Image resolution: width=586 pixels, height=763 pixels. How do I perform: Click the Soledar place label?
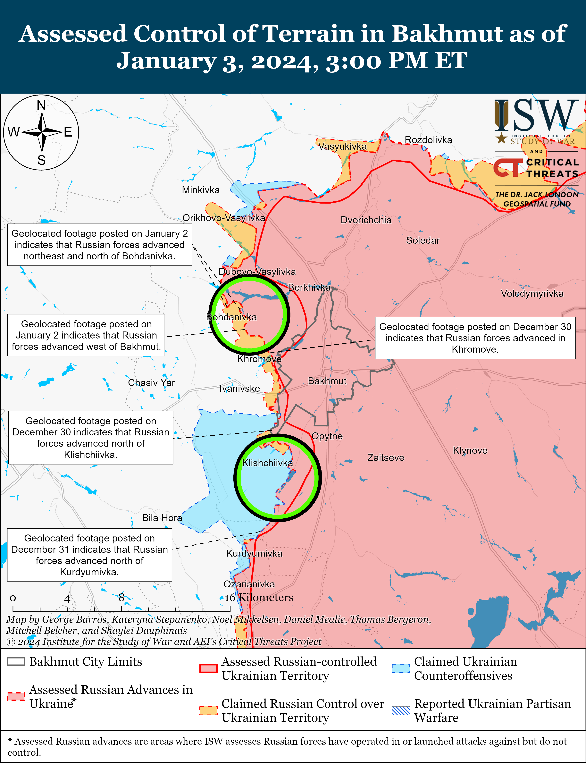pyautogui.click(x=423, y=240)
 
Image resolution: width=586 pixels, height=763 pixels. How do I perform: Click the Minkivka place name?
pyautogui.click(x=201, y=190)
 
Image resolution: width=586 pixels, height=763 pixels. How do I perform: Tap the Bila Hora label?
pyautogui.click(x=162, y=518)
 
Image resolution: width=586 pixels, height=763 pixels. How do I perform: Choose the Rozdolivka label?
pyautogui.click(x=428, y=140)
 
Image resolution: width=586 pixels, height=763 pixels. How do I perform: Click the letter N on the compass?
pyautogui.click(x=41, y=105)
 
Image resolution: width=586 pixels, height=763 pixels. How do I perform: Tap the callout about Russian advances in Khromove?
pyautogui.click(x=475, y=338)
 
